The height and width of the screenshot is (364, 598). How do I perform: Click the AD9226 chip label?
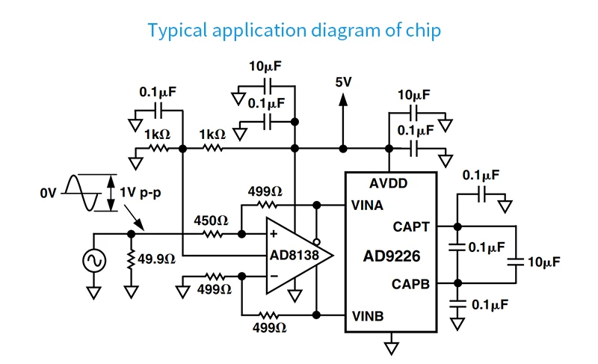coord(392,256)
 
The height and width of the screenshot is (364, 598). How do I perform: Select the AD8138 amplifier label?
coord(294,255)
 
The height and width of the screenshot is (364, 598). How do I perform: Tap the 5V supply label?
coord(343,82)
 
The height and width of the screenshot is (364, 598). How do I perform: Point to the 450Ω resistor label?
coord(211,220)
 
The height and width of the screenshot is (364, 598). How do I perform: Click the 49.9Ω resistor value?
coord(157,259)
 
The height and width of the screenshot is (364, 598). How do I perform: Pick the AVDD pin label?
coord(388,183)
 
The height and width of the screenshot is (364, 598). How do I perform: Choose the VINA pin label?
coord(367,206)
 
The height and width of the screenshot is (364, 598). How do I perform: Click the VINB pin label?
coord(367,316)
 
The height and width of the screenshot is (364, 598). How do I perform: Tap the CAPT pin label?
coord(411,227)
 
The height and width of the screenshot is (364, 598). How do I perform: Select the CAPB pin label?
coord(410,284)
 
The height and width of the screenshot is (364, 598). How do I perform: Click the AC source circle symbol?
coord(94,261)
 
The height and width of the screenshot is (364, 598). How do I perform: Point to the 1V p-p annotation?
coord(141,192)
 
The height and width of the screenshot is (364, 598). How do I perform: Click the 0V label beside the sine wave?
coord(48,194)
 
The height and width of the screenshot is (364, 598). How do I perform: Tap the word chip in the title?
coord(423,31)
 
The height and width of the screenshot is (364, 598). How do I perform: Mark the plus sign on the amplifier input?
coord(274,234)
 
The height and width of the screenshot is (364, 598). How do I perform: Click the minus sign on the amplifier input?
coord(274,276)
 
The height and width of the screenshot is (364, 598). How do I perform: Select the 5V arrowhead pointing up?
coord(343,99)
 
